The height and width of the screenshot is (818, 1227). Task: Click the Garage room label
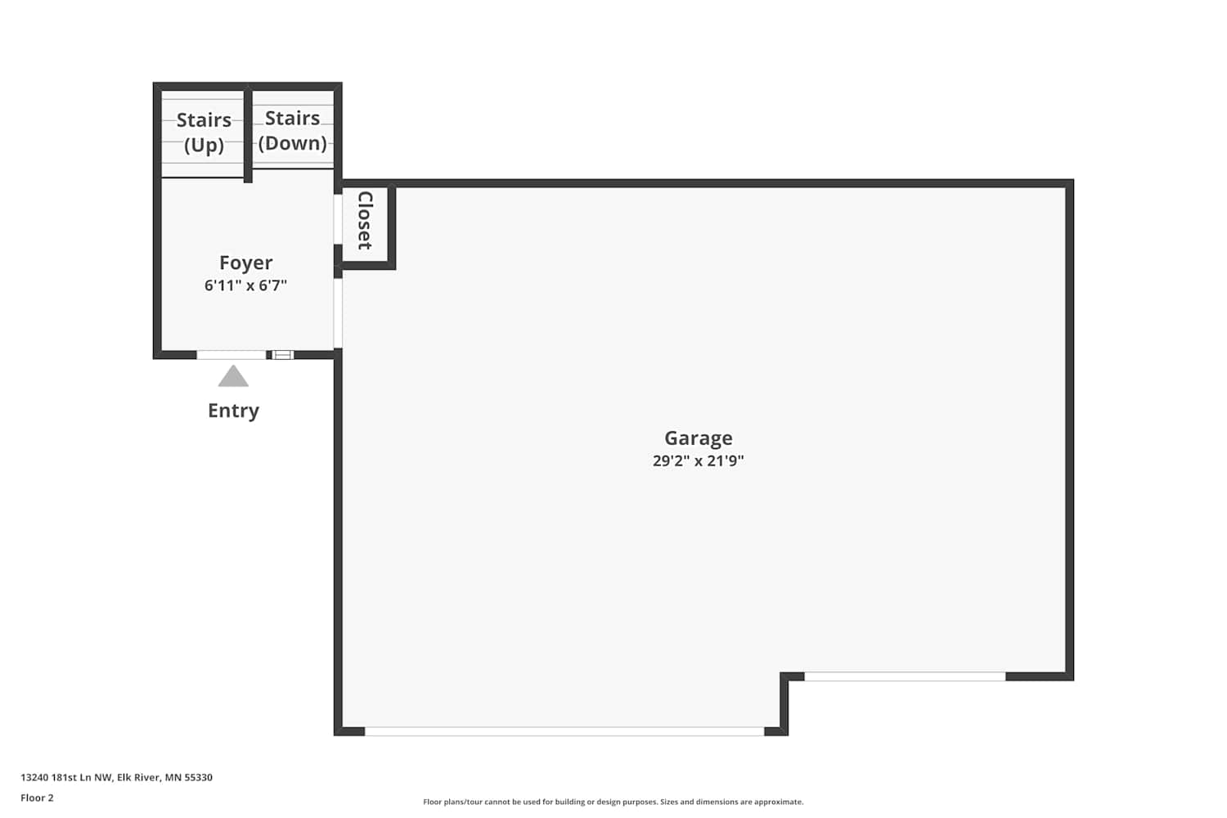pos(699,438)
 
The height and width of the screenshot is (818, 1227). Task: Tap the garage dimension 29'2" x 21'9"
pos(699,461)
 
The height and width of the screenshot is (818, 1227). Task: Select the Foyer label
pos(246,263)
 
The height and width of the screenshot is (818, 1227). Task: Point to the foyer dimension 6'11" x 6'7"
pos(246,285)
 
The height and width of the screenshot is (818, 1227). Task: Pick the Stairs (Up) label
pos(204,132)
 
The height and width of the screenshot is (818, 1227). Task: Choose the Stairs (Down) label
pos(293,130)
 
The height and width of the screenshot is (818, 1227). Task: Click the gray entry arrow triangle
pos(233,375)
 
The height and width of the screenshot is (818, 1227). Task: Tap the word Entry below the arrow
pos(233,411)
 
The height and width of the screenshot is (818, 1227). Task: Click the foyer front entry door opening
pos(231,355)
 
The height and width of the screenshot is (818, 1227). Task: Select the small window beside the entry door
pos(283,355)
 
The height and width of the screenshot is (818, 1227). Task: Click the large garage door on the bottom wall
pos(564,731)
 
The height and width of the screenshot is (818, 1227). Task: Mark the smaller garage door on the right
pos(905,676)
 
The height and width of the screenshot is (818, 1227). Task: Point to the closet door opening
pos(338,219)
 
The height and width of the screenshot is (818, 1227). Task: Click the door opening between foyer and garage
pos(338,312)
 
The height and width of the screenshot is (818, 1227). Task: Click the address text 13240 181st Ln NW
pos(66,777)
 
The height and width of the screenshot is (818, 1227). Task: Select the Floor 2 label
pos(38,798)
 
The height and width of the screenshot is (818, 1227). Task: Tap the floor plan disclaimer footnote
pos(613,802)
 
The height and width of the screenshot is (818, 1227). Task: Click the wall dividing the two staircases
pos(248,134)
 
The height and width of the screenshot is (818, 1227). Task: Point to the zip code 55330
pos(198,777)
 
